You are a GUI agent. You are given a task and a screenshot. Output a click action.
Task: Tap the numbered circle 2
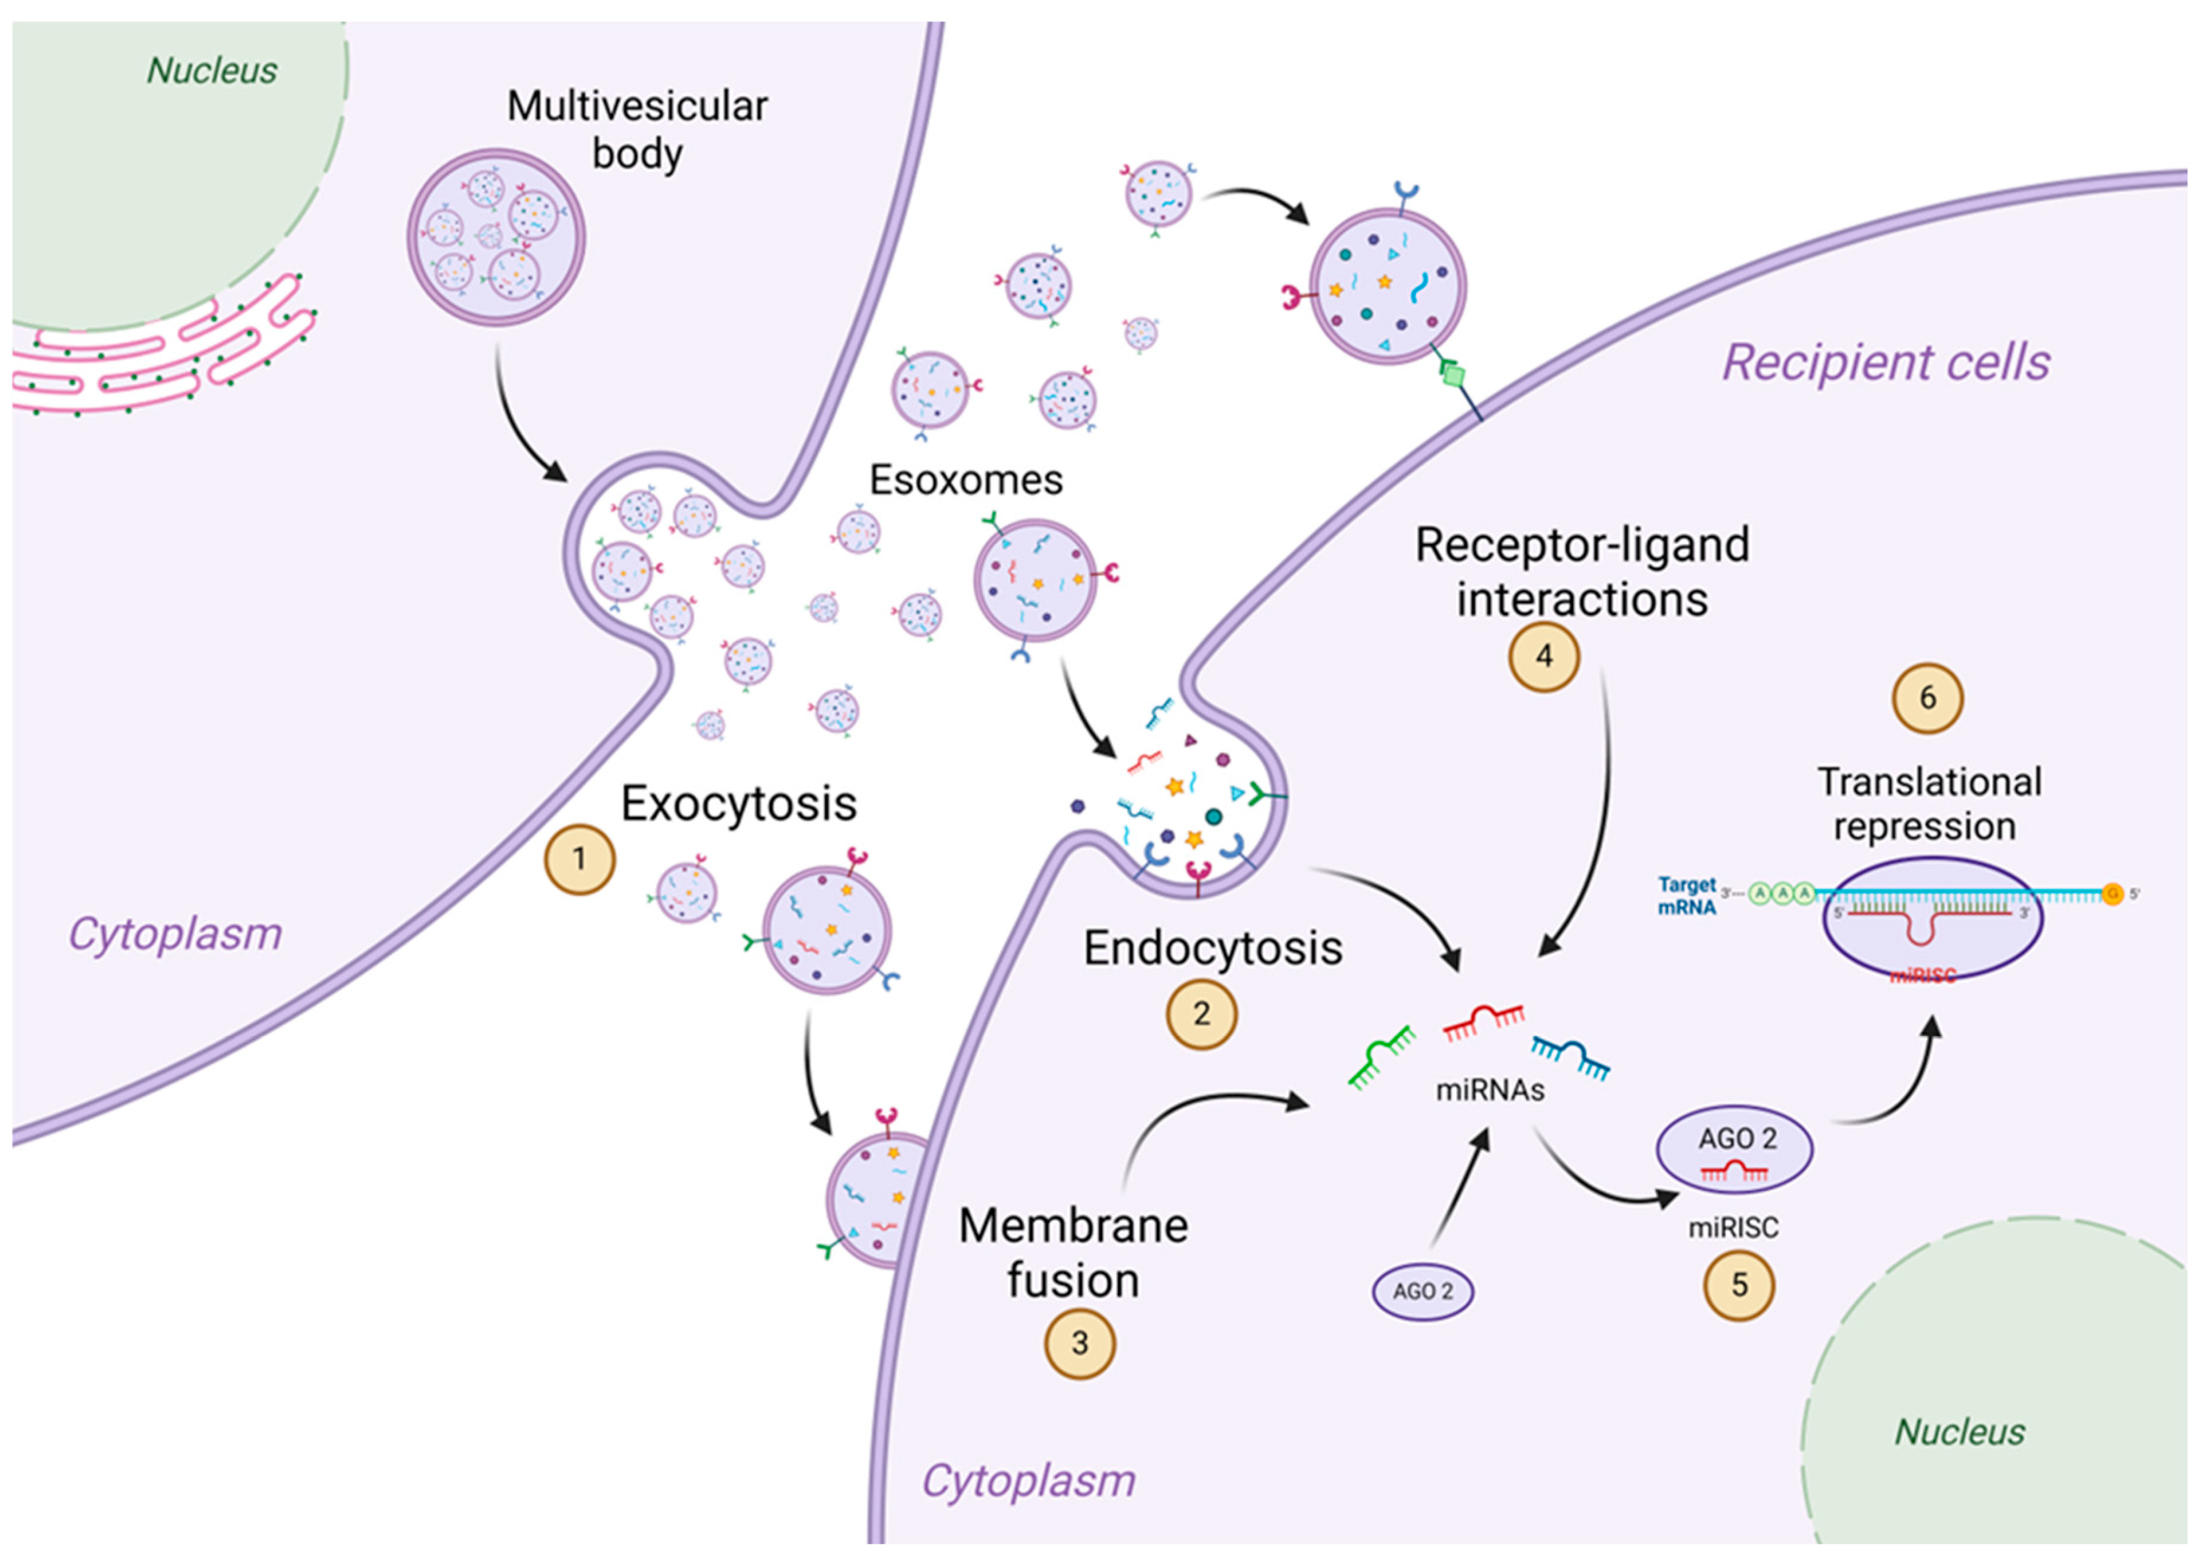(x=1201, y=1014)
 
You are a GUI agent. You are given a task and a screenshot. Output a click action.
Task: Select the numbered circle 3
(x=1080, y=1343)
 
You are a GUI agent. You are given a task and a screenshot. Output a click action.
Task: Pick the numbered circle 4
(x=1544, y=657)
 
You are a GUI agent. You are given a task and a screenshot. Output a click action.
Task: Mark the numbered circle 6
(x=1927, y=698)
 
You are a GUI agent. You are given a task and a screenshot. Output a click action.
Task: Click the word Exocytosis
(x=738, y=804)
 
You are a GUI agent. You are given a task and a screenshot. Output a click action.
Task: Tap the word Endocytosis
(x=1213, y=948)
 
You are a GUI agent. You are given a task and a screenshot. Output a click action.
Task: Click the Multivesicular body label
(x=637, y=130)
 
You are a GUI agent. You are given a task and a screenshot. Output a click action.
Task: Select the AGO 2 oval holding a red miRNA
(x=1735, y=1149)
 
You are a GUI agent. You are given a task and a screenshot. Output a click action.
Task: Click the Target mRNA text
(x=1686, y=895)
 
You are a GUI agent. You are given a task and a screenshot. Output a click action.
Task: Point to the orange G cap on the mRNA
(x=2112, y=894)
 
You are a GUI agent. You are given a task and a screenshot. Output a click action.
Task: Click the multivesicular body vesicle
(x=496, y=236)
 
